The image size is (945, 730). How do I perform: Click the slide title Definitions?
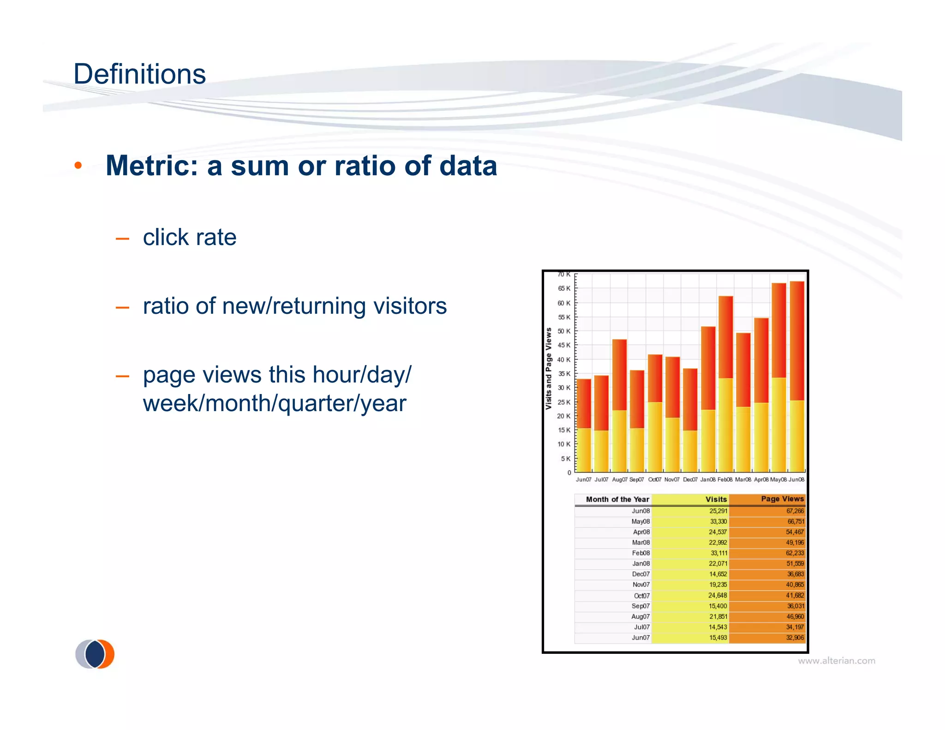tap(139, 74)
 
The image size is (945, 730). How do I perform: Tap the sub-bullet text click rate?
tap(189, 238)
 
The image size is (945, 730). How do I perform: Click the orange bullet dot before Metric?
tap(78, 166)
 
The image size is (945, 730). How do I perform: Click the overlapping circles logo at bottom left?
tap(95, 654)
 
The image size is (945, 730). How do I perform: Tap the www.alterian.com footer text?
tap(836, 661)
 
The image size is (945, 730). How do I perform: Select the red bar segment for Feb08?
tap(725, 337)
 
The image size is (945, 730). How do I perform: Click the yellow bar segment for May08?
tap(778, 425)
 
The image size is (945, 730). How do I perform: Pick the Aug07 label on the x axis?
tap(619, 479)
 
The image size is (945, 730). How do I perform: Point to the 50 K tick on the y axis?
tap(564, 331)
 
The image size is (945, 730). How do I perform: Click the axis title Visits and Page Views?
tap(548, 368)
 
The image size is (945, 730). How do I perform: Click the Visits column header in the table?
tap(716, 499)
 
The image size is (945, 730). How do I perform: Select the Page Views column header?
tap(782, 499)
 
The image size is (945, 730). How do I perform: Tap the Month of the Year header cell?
tap(617, 499)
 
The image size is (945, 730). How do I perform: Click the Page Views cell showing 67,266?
tap(795, 511)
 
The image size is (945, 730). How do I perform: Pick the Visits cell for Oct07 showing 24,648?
tap(717, 595)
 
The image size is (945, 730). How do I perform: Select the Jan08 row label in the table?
tap(640, 563)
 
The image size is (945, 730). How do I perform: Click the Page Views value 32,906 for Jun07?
tap(795, 638)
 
